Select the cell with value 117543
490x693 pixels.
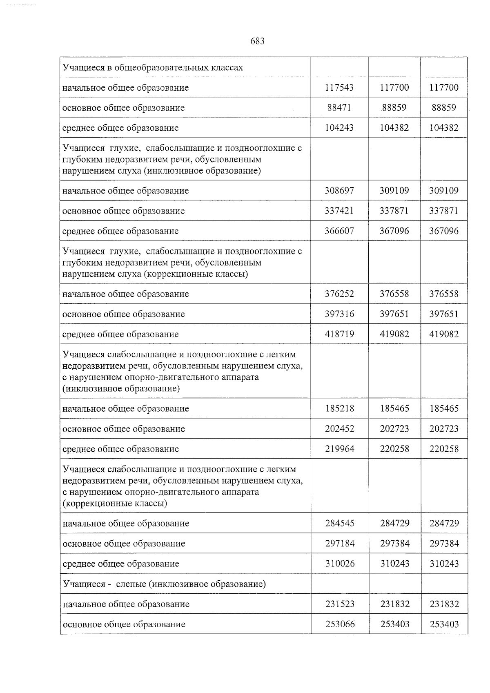pyautogui.click(x=339, y=87)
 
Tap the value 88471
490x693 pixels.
pyautogui.click(x=339, y=108)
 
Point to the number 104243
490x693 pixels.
pyautogui.click(x=339, y=128)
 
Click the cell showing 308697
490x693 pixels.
pyautogui.click(x=339, y=191)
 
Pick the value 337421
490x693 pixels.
pyautogui.click(x=339, y=211)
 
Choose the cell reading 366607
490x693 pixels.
pyautogui.click(x=339, y=231)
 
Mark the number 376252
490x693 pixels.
pyautogui.click(x=339, y=294)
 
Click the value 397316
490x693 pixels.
pyautogui.click(x=339, y=314)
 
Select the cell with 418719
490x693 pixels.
pyautogui.click(x=339, y=334)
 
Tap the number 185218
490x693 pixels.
pyautogui.click(x=340, y=408)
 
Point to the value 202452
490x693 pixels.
pyautogui.click(x=340, y=429)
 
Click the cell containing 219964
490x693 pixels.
pyautogui.click(x=340, y=449)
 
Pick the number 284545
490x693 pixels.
pyautogui.click(x=340, y=523)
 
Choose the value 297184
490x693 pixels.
pyautogui.click(x=340, y=544)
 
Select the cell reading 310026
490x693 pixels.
pyautogui.click(x=340, y=564)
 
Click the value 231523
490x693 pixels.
pyautogui.click(x=340, y=604)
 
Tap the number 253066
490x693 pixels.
pyautogui.click(x=340, y=624)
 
